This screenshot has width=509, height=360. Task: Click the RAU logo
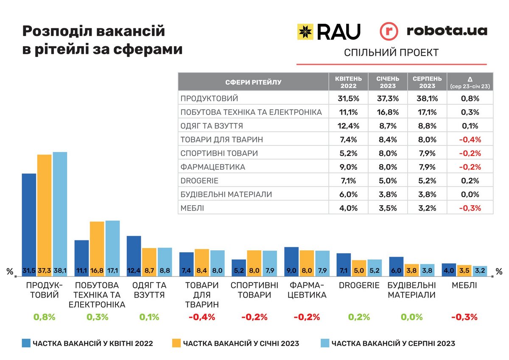329,31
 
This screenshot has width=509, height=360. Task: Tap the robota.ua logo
433,31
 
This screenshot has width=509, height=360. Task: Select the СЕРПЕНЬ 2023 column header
427,82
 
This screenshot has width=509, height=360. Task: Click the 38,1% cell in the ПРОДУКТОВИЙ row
427,99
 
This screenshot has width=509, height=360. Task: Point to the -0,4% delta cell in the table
470,140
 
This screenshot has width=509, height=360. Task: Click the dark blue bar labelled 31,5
29,220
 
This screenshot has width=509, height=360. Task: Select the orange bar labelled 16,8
97,246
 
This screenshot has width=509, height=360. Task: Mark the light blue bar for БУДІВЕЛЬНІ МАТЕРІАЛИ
427,270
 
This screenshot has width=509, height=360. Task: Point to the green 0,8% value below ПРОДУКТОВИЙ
45,317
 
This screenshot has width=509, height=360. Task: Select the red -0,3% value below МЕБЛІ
464,317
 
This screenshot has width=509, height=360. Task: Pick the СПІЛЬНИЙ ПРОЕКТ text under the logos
391,53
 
